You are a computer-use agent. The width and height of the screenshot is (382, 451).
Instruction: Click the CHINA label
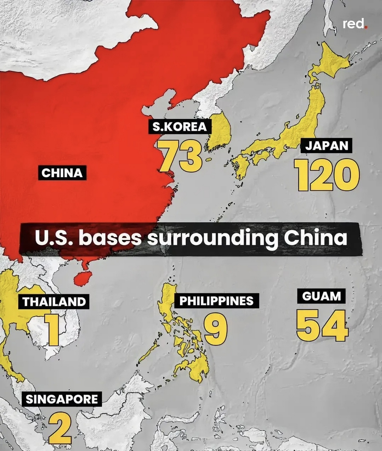[62, 173]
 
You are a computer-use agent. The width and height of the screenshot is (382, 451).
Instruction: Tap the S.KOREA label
[179, 126]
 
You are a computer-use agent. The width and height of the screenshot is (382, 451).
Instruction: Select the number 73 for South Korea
[180, 155]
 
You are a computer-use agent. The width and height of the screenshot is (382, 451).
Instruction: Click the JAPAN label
[327, 146]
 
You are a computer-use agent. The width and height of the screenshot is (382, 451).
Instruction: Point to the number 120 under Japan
[327, 174]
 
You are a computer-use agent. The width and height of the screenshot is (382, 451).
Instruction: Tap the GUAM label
[322, 296]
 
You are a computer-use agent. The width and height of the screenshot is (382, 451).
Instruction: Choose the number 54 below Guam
[322, 325]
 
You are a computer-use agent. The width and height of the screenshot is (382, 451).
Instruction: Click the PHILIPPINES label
[216, 301]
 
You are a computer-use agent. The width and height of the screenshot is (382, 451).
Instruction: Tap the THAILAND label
[54, 302]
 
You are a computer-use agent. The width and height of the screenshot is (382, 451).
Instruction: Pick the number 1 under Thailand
[52, 329]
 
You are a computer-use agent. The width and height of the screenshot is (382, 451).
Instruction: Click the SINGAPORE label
[62, 399]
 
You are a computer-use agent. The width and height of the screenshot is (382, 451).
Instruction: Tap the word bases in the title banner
[109, 239]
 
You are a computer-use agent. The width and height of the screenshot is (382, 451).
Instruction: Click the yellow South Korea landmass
[220, 132]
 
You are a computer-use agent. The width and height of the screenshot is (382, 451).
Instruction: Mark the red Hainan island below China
[82, 278]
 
